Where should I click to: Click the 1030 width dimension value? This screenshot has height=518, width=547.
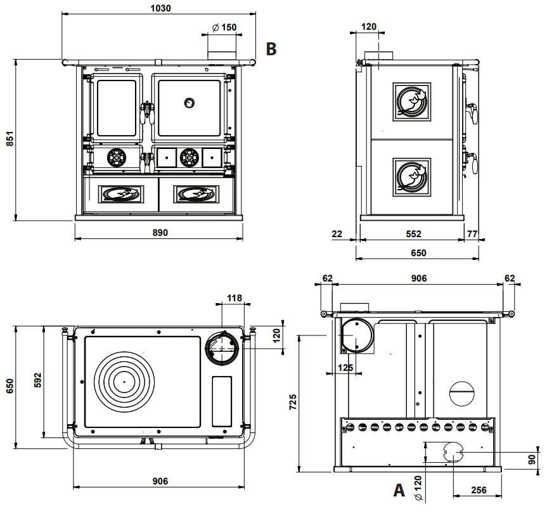pyautogui.click(x=160, y=8)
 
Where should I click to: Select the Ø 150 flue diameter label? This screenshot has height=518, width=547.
pyautogui.click(x=224, y=27)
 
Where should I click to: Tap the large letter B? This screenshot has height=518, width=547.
pyautogui.click(x=271, y=49)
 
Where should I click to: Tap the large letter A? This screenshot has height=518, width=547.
pyautogui.click(x=399, y=490)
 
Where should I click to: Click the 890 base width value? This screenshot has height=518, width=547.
pyautogui.click(x=160, y=233)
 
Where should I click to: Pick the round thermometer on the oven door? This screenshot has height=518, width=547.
pyautogui.click(x=189, y=103)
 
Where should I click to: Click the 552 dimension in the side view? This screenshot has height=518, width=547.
pyautogui.click(x=413, y=234)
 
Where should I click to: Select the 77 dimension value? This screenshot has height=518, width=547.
pyautogui.click(x=472, y=234)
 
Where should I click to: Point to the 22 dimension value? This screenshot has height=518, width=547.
pyautogui.click(x=337, y=234)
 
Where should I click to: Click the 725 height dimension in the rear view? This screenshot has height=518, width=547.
pyautogui.click(x=293, y=402)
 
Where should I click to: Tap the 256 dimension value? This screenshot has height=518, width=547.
pyautogui.click(x=479, y=490)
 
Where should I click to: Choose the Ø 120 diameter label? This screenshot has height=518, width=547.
pyautogui.click(x=418, y=488)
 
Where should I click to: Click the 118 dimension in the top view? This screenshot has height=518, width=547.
pyautogui.click(x=234, y=298)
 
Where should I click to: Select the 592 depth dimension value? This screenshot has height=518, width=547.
pyautogui.click(x=37, y=380)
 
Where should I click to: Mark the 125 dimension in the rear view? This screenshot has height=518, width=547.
pyautogui.click(x=345, y=368)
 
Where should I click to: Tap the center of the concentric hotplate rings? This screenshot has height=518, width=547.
pyautogui.click(x=124, y=382)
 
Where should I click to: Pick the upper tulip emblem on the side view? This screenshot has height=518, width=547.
pyautogui.click(x=411, y=102)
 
